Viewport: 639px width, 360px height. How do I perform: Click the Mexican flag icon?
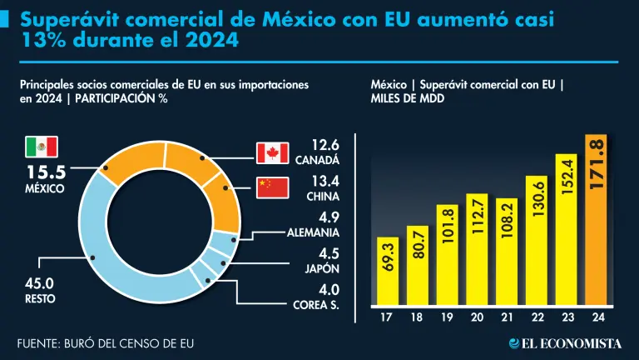click(x=41, y=147)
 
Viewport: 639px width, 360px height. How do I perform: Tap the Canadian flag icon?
click(x=271, y=152)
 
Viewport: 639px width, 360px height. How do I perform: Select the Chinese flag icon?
click(x=271, y=188)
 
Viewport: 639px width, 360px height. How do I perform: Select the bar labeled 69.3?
click(x=386, y=272)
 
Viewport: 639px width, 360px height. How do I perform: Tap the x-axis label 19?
click(x=446, y=317)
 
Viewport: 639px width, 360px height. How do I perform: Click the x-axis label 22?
click(x=536, y=317)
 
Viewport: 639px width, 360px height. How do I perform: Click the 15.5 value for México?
click(x=48, y=173)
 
